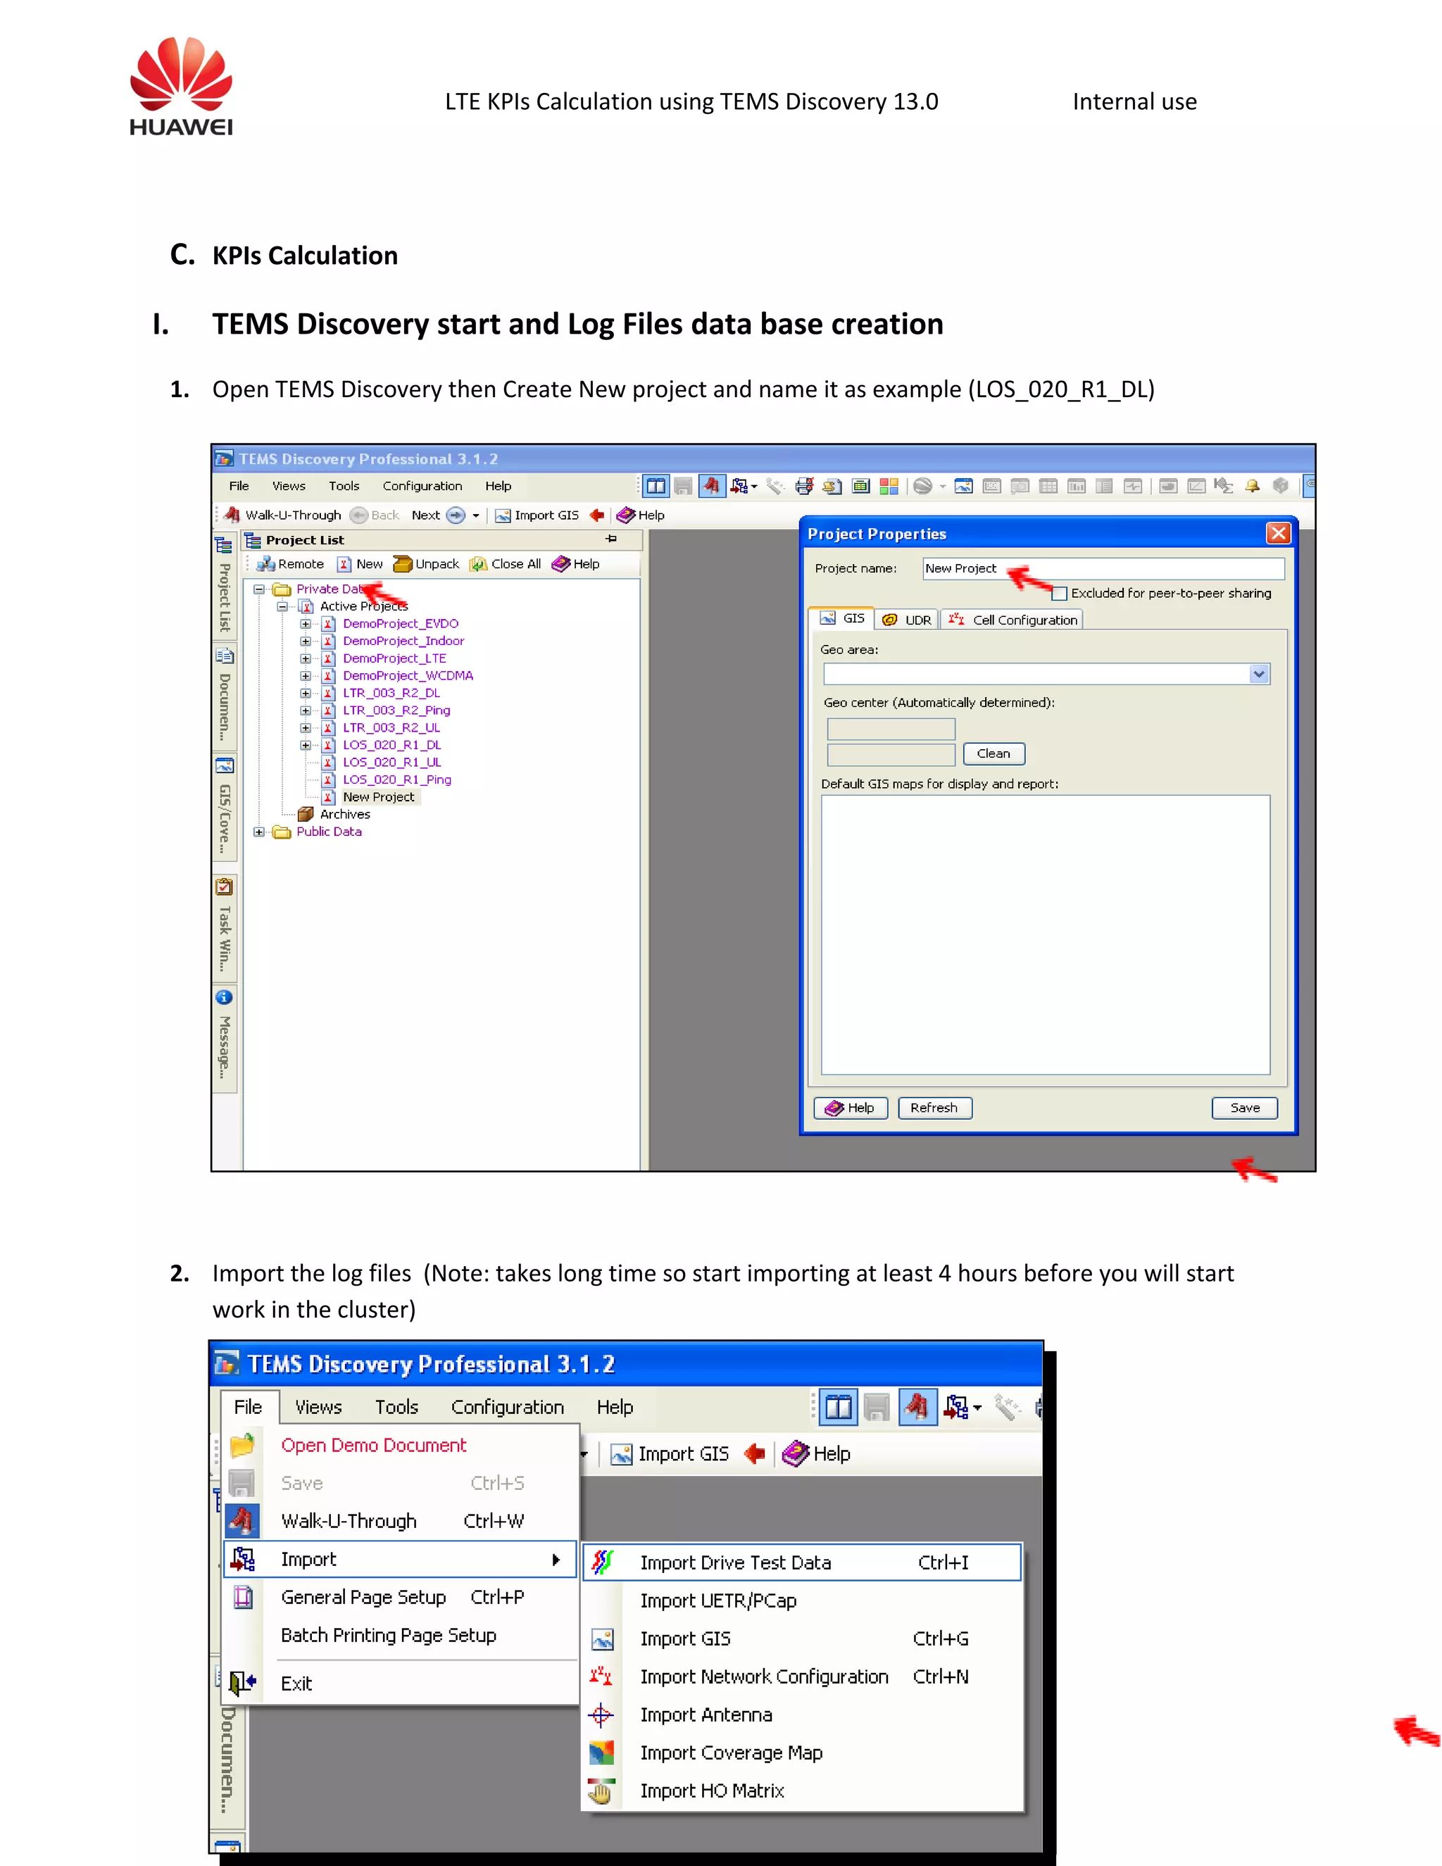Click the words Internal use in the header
pos(1134,101)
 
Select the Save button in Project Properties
pos(1244,1108)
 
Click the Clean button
pos(993,753)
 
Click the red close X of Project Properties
pos(1278,533)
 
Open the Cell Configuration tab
pos(1015,620)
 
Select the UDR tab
pos(908,620)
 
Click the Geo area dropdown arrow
pos(1258,674)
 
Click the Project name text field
pos(1102,568)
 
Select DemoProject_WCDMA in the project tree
pos(408,676)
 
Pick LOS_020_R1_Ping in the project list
pos(396,779)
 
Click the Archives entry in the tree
pos(344,814)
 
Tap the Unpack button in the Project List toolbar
pos(427,564)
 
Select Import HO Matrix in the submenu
pos(712,1791)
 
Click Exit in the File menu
pos(296,1683)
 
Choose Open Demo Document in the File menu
pos(373,1445)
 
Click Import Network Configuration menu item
pos(764,1677)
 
